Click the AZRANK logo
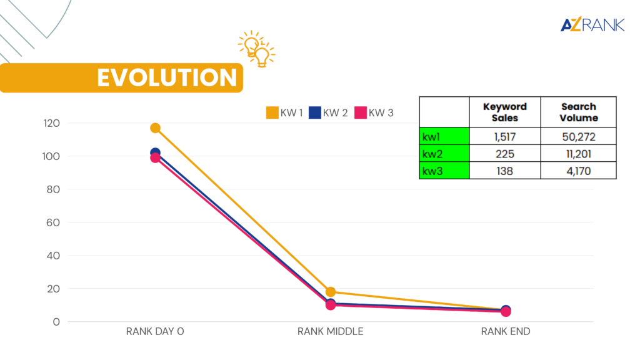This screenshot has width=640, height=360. (x=592, y=25)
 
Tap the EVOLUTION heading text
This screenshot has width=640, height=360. (x=166, y=77)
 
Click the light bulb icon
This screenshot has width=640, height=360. (x=257, y=49)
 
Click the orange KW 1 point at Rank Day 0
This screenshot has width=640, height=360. (x=155, y=128)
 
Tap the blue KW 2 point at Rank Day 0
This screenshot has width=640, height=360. (x=155, y=152)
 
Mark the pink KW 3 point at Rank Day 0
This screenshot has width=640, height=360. (x=155, y=158)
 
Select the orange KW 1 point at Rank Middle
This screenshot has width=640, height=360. (x=331, y=292)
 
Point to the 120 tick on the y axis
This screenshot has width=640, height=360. (x=51, y=123)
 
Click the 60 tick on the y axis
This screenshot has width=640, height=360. (x=54, y=222)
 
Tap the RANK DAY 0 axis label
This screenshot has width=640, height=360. (x=155, y=332)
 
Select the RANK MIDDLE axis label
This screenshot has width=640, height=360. (x=330, y=332)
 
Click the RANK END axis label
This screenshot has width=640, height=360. (x=505, y=332)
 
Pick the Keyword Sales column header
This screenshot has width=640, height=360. (x=504, y=112)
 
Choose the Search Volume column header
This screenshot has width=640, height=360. (x=578, y=112)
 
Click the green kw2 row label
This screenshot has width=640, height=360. (x=444, y=154)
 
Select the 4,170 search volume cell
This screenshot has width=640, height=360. (x=578, y=170)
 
